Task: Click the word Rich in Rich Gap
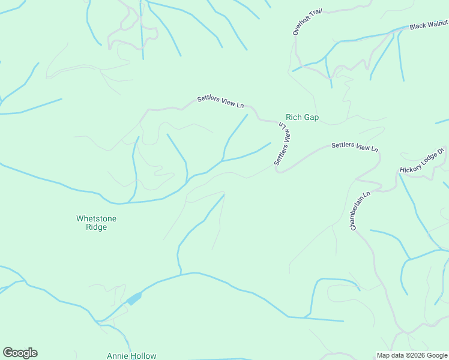[x=294, y=118]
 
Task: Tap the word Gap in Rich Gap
[x=311, y=118]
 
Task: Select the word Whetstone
[x=96, y=218]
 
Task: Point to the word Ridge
[x=96, y=227]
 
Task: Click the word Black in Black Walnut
[x=420, y=26]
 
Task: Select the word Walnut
[x=439, y=24]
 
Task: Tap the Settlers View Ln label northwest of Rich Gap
[x=220, y=102]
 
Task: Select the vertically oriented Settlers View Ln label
[x=283, y=144]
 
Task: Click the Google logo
[x=20, y=353]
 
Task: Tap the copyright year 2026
[x=417, y=355]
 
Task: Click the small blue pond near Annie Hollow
[x=134, y=298]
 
